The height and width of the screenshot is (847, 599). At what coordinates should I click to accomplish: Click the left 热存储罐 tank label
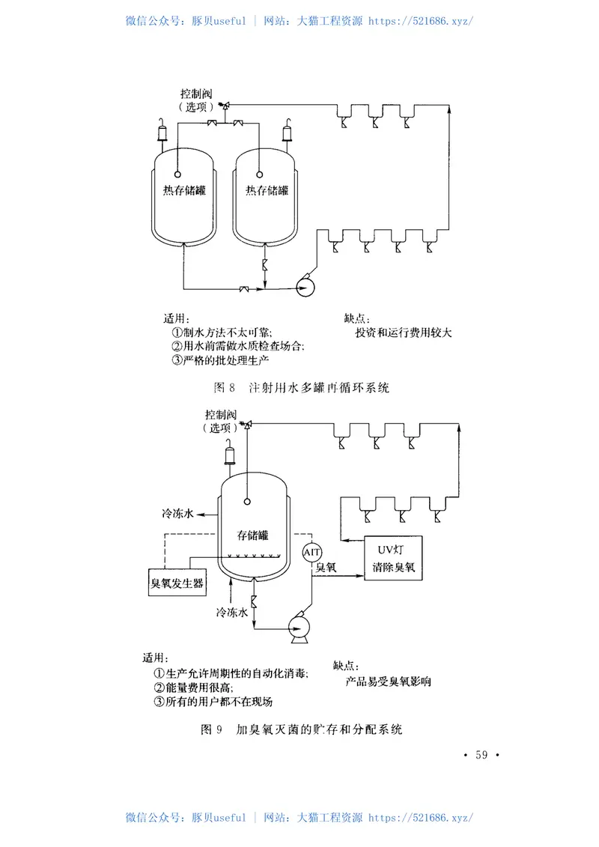coord(184,191)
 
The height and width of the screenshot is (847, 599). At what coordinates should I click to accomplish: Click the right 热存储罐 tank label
coord(267,191)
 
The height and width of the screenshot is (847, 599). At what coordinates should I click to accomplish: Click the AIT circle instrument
coord(312,553)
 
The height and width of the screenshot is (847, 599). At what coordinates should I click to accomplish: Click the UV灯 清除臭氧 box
coord(392,558)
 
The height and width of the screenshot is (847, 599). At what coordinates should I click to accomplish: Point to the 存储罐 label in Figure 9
coord(252,535)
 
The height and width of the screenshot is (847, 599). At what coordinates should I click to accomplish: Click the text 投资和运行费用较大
coord(403,333)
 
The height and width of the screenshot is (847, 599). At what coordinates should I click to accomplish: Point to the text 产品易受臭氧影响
coord(388,682)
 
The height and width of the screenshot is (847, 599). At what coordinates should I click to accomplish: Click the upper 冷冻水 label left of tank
coord(178,514)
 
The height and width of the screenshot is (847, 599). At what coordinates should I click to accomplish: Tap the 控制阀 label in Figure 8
coord(196,94)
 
